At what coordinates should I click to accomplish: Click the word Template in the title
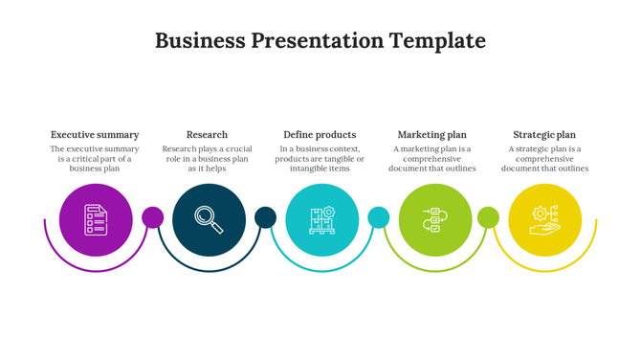point(437,41)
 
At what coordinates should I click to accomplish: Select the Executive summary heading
point(95,135)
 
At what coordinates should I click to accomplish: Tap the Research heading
point(207,135)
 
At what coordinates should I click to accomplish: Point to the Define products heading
point(320,135)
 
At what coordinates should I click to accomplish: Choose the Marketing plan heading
point(431,135)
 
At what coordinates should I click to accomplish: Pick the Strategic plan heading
point(544,135)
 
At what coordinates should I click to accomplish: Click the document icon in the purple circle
point(95,220)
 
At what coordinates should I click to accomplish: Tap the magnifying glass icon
point(209,220)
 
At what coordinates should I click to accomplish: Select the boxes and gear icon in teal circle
point(321,220)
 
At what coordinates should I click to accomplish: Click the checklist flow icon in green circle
point(433,220)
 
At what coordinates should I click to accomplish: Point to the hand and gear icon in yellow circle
point(544,220)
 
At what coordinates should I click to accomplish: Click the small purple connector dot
point(152,217)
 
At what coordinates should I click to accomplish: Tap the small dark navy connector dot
point(265,217)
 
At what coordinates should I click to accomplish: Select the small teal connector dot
point(378,217)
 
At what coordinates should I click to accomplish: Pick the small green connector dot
point(488,217)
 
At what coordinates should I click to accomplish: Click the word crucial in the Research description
point(233,149)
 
